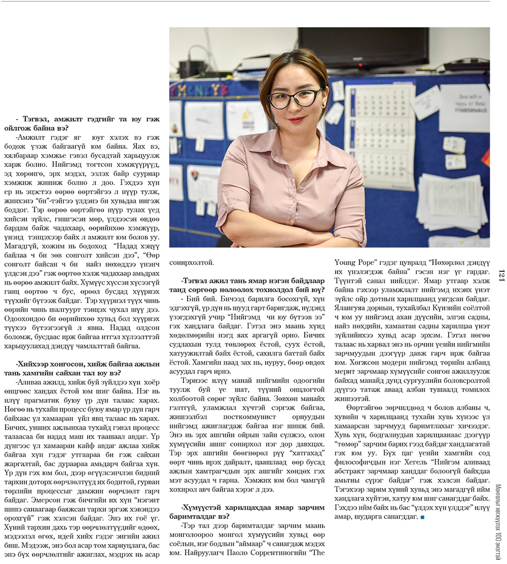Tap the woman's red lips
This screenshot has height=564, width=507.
tap(297, 120)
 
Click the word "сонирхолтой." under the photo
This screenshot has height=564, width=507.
tap(192, 262)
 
